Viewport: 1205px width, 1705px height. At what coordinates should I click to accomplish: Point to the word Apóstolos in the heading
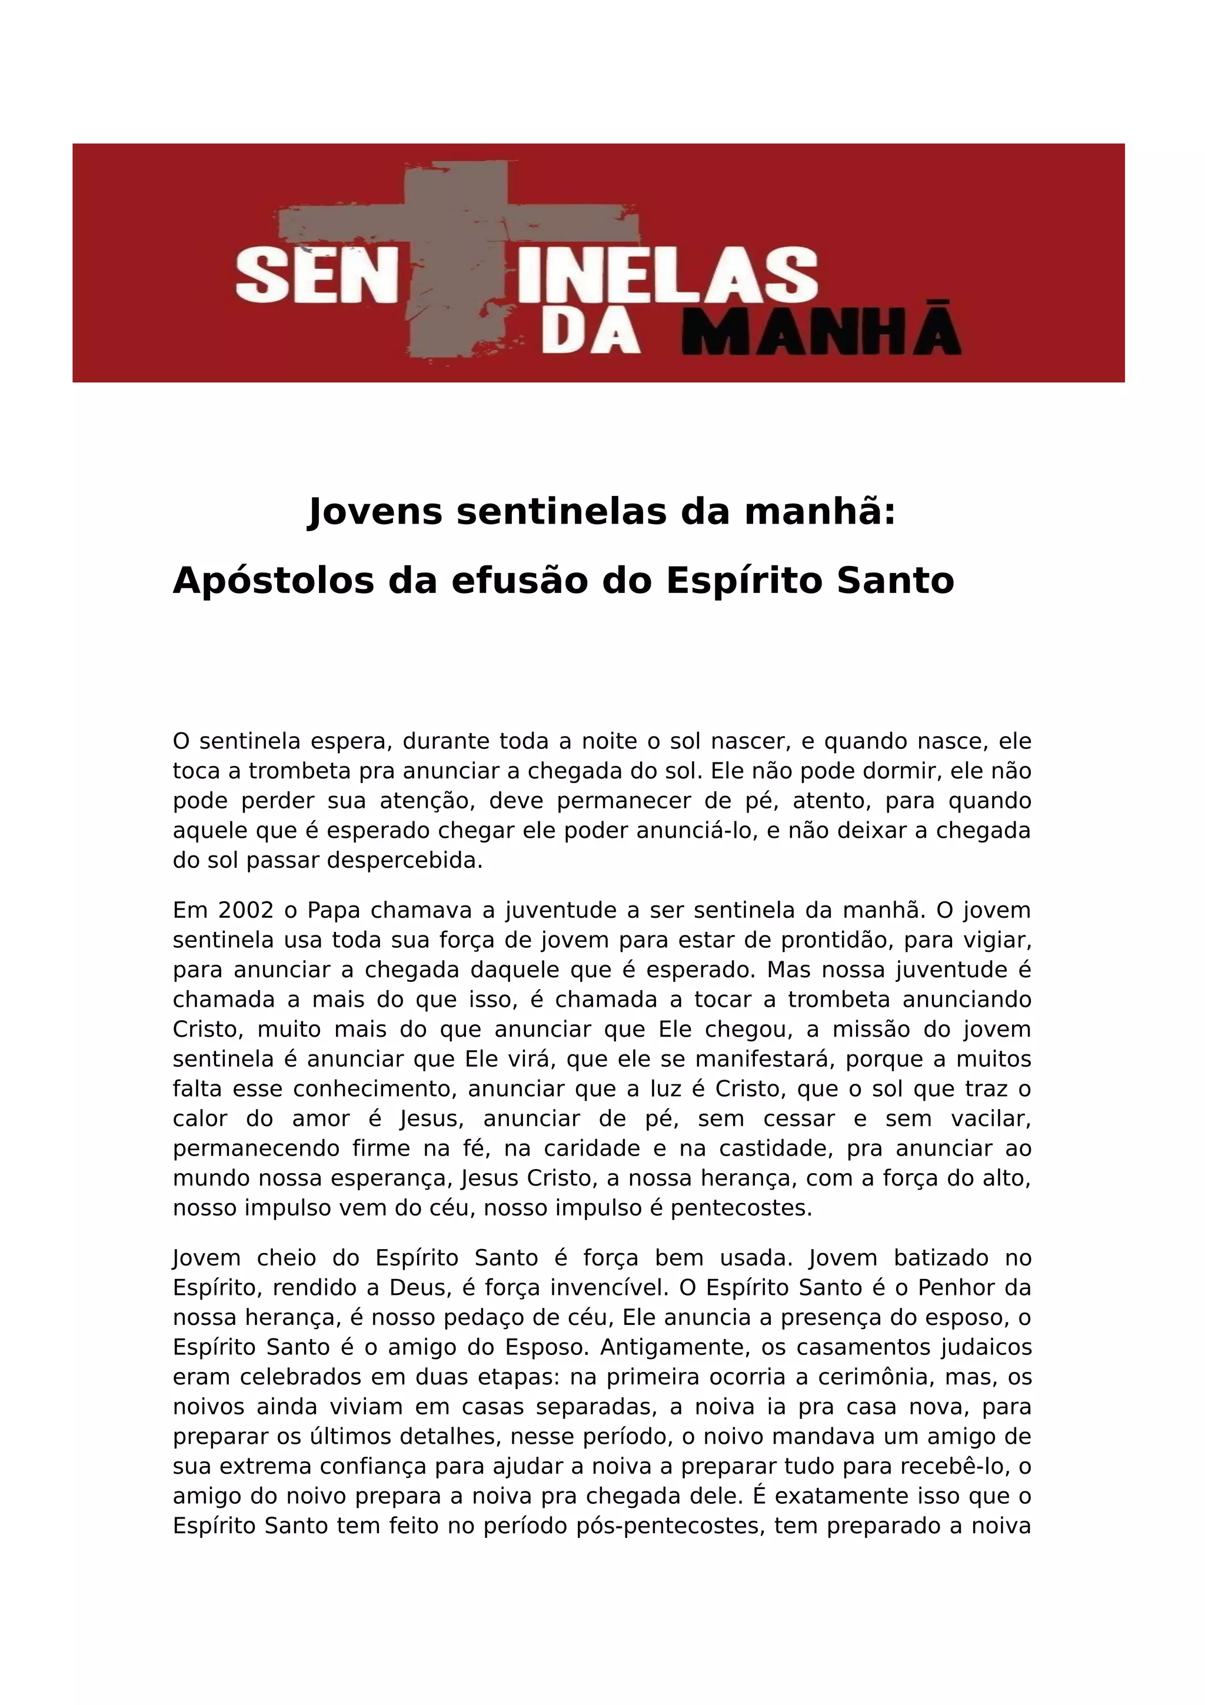point(273,581)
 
